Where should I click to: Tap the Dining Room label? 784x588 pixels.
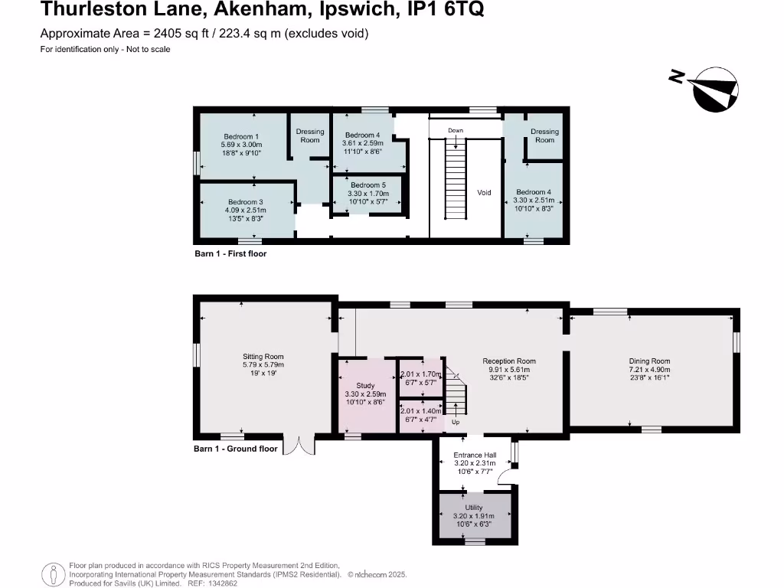pos(649,361)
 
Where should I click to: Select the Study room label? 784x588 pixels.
pos(365,385)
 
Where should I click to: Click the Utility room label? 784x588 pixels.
pos(474,508)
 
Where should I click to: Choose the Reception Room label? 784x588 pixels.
pos(509,361)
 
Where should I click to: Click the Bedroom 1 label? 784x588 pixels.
pos(241,136)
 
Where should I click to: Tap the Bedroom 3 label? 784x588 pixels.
pos(246,202)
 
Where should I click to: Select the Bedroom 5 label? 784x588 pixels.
pos(368,185)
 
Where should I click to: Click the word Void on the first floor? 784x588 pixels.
pos(484,193)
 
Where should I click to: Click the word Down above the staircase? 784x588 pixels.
pos(456,131)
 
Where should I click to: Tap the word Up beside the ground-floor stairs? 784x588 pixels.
pos(456,422)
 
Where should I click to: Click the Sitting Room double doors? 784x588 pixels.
pos(299,446)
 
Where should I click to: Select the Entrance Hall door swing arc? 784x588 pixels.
pos(505,478)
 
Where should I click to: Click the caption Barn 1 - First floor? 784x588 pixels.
pos(230,253)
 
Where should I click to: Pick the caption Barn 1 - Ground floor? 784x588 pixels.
pos(235,449)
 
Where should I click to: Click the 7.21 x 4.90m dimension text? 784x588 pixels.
pos(649,369)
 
